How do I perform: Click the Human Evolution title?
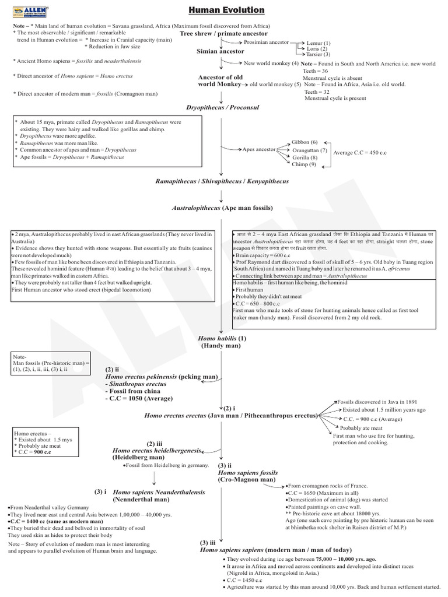click(227, 10)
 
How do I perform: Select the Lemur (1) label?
click(318, 43)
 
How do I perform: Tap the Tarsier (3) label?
click(318, 54)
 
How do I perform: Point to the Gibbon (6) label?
click(304, 142)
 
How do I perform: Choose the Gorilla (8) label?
click(305, 157)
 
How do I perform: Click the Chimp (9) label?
click(304, 164)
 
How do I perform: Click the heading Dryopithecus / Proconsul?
click(222, 108)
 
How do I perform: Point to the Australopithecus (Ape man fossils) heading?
click(222, 208)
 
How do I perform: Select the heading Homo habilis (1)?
click(222, 338)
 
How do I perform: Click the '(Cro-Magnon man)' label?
click(246, 479)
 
